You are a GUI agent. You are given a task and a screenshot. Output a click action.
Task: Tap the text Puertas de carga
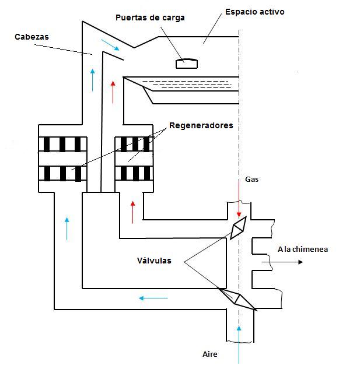(150, 17)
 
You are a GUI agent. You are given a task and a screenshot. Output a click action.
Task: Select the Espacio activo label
(255, 12)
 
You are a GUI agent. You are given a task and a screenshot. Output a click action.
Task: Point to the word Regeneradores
(201, 125)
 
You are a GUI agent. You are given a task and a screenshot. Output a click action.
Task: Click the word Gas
(251, 180)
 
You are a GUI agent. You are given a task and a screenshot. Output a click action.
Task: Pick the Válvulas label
(151, 261)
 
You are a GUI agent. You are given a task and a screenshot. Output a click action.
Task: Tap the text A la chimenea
(302, 249)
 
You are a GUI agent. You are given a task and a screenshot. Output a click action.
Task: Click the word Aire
(209, 354)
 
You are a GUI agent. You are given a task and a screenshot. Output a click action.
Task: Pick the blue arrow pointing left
(153, 298)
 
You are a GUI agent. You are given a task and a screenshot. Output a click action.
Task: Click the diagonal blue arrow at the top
(110, 44)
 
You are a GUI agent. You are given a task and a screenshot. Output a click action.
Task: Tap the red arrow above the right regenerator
(113, 92)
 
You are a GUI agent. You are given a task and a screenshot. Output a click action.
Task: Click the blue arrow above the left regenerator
(92, 79)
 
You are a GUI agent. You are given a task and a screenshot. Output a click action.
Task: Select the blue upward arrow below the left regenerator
(67, 228)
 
